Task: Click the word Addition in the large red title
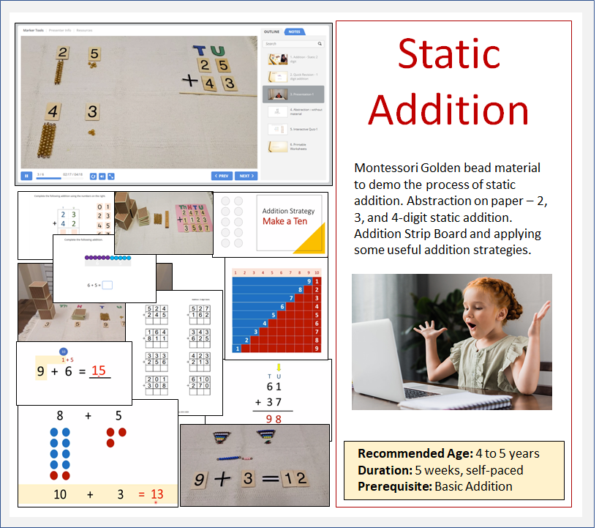pyautogui.click(x=449, y=110)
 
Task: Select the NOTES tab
pyautogui.click(x=294, y=32)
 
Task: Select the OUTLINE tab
pyautogui.click(x=272, y=32)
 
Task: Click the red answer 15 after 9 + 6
pyautogui.click(x=99, y=371)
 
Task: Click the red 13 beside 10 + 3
pyautogui.click(x=157, y=494)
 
